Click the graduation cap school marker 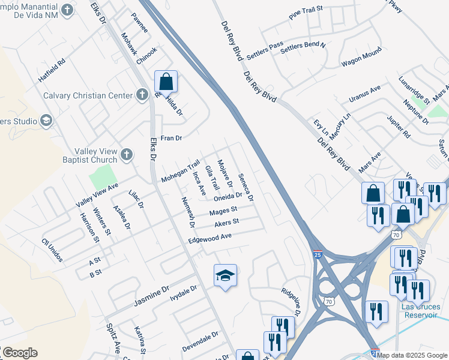225,275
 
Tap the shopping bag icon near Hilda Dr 166,83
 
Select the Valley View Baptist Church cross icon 126,155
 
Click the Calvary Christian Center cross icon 142,95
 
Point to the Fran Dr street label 171,138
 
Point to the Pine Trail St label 306,14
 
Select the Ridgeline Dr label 291,299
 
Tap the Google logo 20,352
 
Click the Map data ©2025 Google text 412,355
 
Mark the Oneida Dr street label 228,196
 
